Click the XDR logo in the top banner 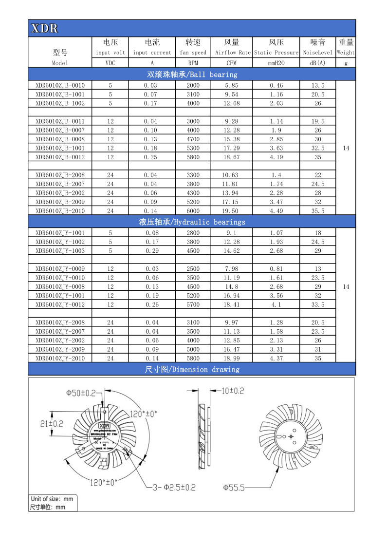click(x=44, y=28)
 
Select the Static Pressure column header click(x=276, y=52)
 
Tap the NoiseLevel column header click(x=318, y=52)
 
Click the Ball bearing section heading click(x=192, y=75)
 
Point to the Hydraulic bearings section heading click(x=192, y=222)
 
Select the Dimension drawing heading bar click(x=192, y=369)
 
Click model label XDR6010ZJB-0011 click(x=60, y=121)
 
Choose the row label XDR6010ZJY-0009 click(x=60, y=268)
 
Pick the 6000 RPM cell click(x=193, y=211)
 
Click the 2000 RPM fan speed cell click(x=193, y=85)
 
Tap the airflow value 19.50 click(x=231, y=211)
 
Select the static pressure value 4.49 click(x=276, y=211)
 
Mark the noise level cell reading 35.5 click(x=318, y=211)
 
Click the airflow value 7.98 click(x=231, y=268)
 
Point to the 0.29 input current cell click(x=151, y=250)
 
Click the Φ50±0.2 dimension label click(x=81, y=393)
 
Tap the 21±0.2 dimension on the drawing click(x=52, y=424)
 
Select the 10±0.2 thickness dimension click(x=232, y=391)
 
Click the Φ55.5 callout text click(x=234, y=487)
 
